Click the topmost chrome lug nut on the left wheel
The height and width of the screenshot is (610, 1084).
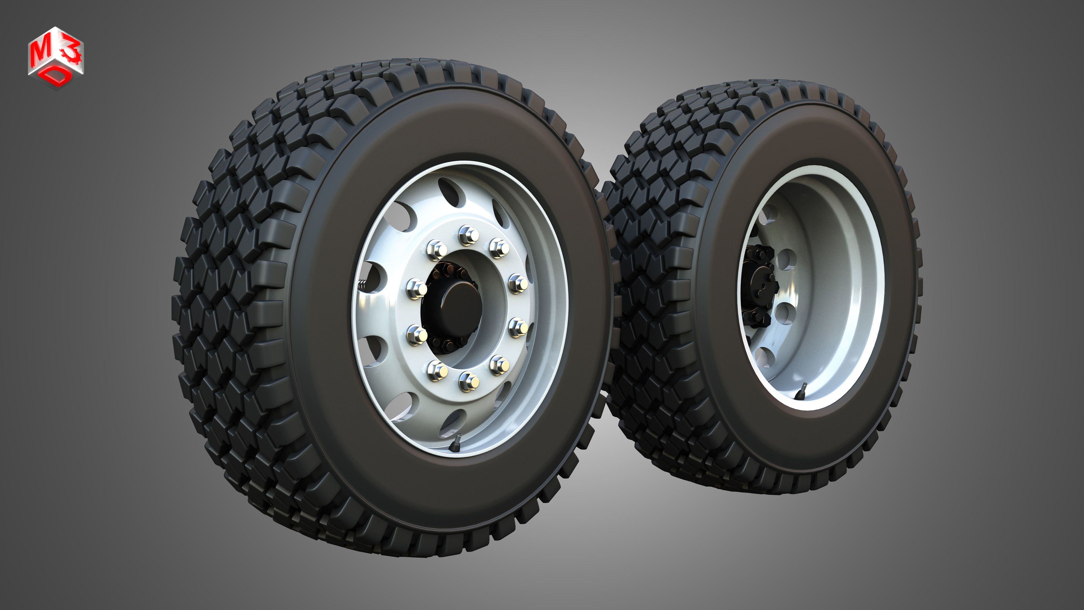[468, 235]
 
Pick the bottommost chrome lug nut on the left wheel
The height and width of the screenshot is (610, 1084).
[468, 381]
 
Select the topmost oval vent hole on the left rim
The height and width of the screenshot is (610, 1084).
[449, 190]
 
